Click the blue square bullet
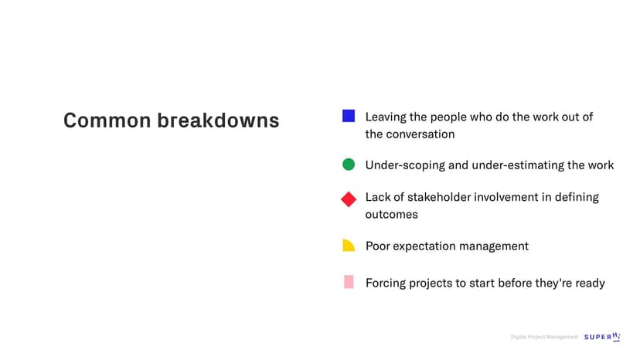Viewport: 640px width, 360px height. coord(348,116)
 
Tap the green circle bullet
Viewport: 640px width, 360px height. coord(349,165)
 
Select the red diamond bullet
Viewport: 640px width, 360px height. coord(349,199)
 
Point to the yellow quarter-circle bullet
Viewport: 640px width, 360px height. coord(349,246)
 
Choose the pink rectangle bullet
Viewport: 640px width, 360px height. coord(349,282)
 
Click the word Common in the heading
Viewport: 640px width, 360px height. coord(107,121)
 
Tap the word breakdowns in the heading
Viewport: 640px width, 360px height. coord(219,121)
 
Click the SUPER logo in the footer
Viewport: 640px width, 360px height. coord(602,337)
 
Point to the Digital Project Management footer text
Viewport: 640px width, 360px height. coord(544,337)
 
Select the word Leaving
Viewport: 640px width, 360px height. coord(386,117)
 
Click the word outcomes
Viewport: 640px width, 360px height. coord(391,215)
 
